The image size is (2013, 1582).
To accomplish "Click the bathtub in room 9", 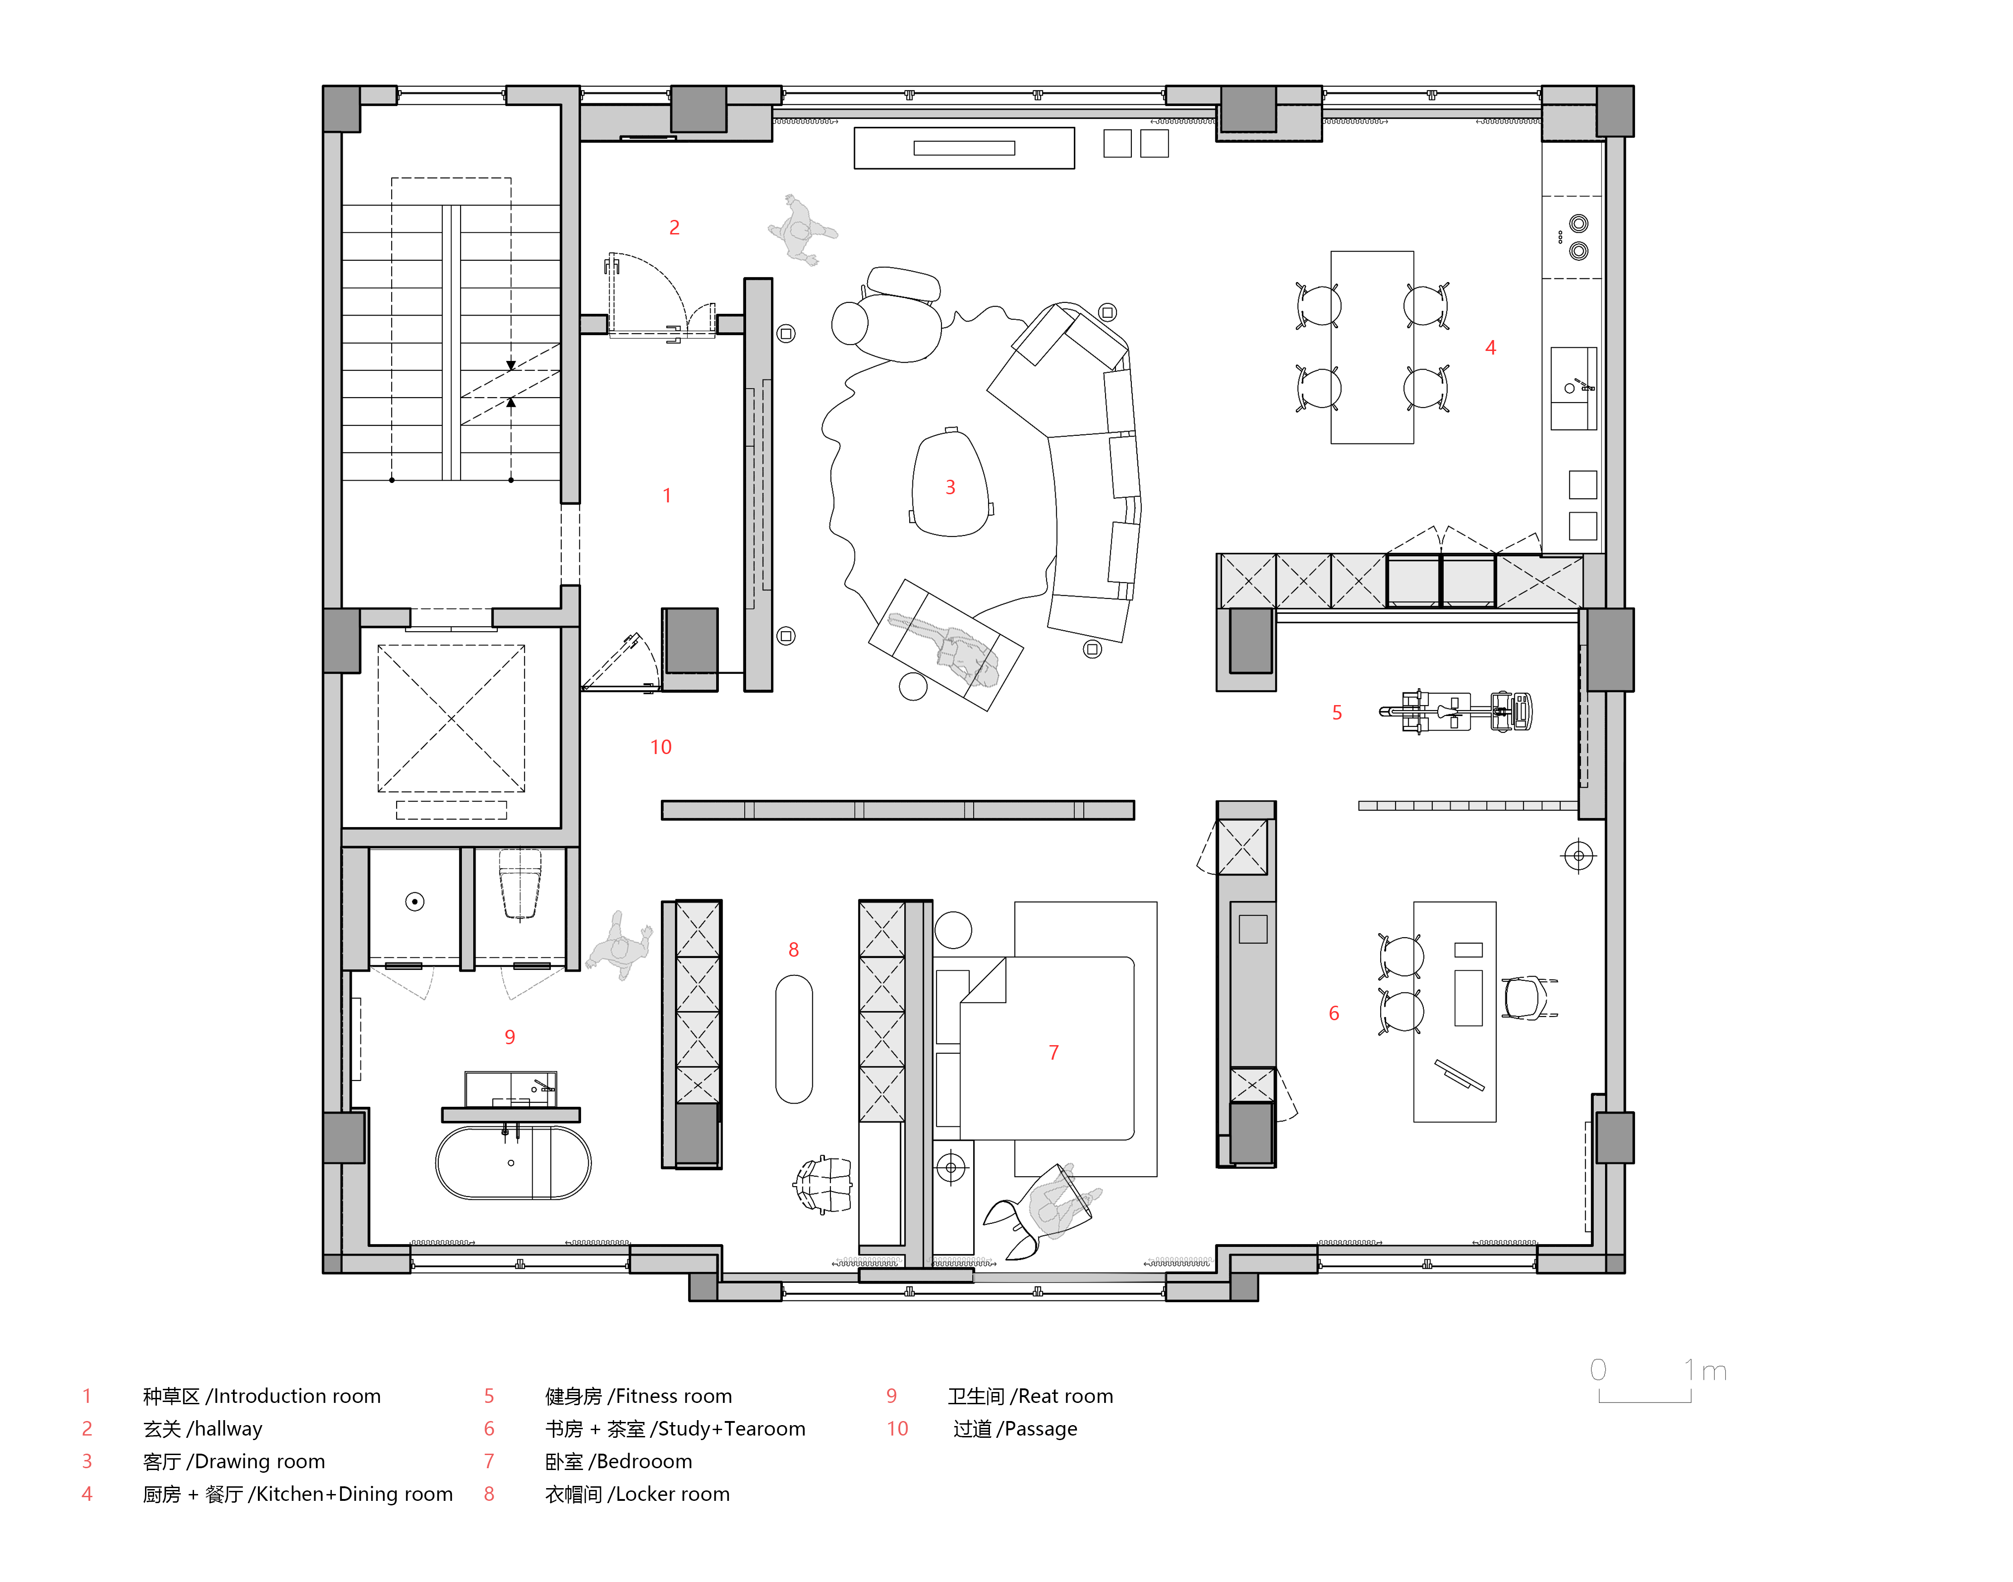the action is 513,1163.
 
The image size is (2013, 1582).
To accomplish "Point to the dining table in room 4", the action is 1372,347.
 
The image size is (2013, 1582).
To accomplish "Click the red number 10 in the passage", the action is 660,746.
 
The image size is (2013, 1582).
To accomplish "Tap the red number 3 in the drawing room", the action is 950,487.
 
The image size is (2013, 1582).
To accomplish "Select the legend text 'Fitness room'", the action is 674,1396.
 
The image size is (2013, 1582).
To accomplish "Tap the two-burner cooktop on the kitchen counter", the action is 1578,237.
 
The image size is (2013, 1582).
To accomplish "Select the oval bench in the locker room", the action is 794,1038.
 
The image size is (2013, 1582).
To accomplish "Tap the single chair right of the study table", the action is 1529,998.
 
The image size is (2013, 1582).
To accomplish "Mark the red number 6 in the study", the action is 1334,1013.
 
